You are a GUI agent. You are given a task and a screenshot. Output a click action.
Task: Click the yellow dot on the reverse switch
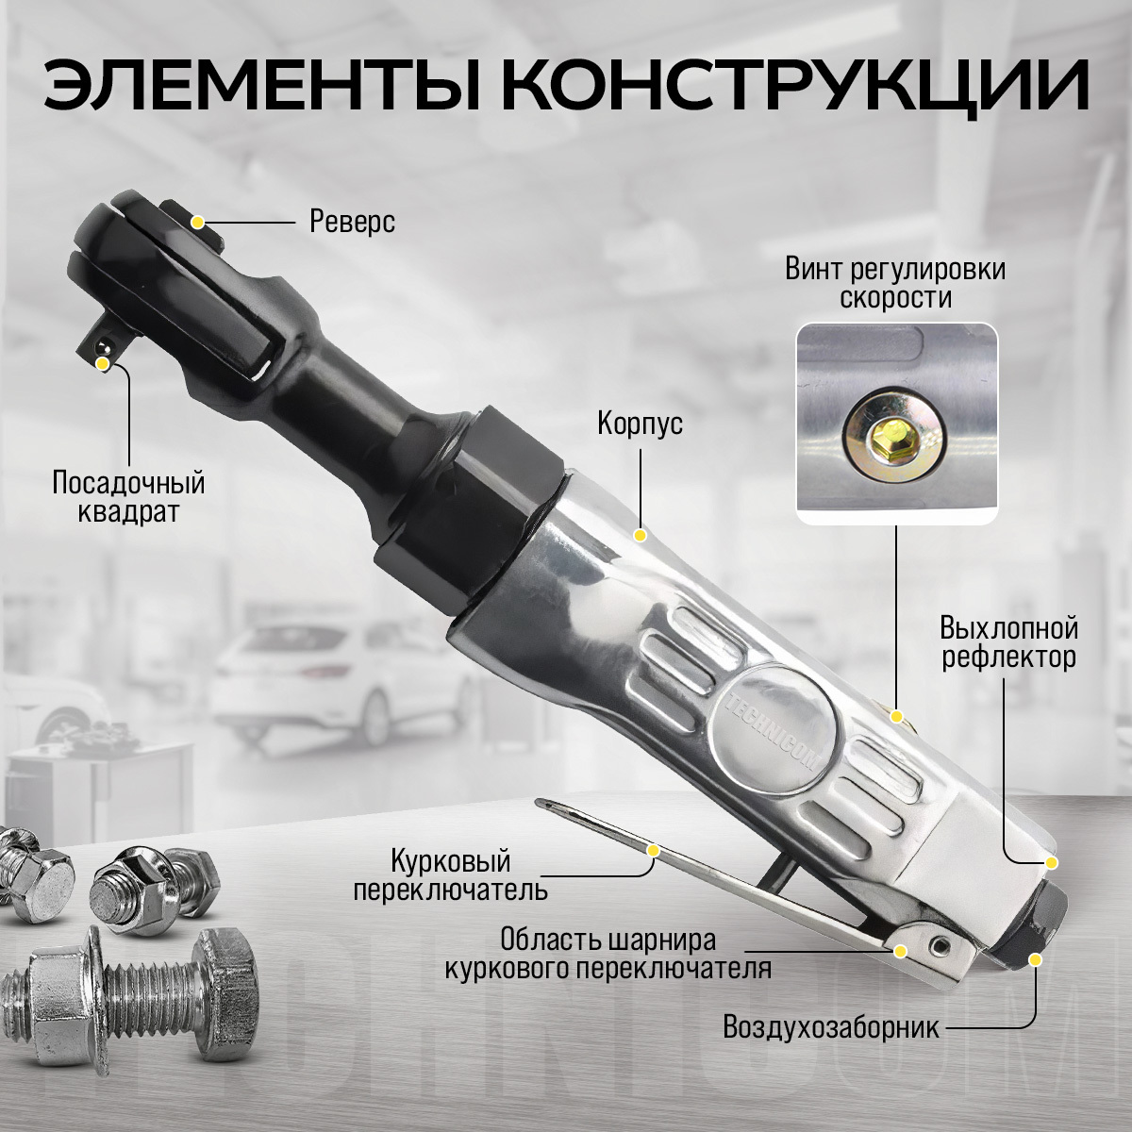(x=198, y=222)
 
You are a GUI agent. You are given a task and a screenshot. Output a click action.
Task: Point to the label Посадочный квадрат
(x=128, y=497)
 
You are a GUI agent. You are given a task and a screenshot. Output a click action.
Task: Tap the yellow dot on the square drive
(x=103, y=364)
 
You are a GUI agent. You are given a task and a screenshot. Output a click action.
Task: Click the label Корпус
(x=641, y=423)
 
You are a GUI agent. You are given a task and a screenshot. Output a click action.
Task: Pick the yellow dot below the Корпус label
(x=641, y=535)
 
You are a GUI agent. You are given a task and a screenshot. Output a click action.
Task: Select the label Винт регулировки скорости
(x=895, y=284)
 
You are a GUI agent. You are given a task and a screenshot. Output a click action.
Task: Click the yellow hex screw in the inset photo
(x=895, y=438)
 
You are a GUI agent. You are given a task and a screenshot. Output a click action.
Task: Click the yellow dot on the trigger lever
(x=652, y=851)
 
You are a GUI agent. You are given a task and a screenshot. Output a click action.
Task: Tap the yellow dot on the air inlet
(x=1035, y=959)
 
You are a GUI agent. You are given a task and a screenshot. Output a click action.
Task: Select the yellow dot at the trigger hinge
(x=900, y=951)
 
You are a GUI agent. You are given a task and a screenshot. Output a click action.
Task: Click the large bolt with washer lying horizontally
(x=129, y=997)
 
